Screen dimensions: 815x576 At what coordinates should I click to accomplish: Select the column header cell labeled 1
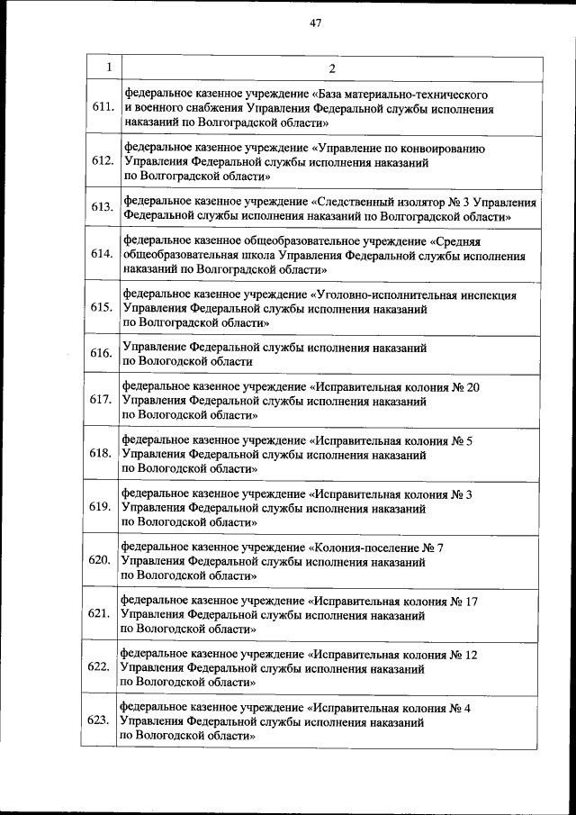108,68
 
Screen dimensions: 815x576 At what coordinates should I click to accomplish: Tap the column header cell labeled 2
331,68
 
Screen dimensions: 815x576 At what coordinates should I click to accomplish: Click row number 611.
102,107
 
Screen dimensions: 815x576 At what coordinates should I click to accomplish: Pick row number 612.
102,161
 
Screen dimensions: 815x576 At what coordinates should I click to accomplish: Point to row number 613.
102,207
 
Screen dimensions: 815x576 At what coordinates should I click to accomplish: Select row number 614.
102,254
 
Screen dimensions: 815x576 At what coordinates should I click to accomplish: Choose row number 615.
102,307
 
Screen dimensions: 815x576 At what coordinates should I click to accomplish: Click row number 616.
102,353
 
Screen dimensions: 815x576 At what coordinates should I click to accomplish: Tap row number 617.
102,400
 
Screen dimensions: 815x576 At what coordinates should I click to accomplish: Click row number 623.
99,720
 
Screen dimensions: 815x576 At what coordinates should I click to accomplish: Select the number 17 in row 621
470,601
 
